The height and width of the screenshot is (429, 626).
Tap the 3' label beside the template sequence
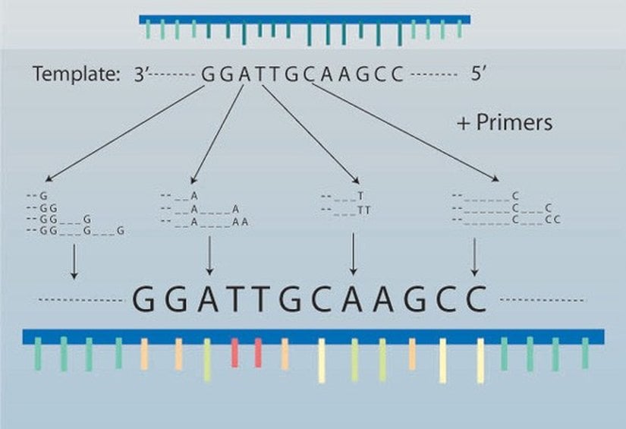coord(143,74)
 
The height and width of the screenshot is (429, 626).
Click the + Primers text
coord(505,122)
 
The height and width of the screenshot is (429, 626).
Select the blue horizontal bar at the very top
coord(304,19)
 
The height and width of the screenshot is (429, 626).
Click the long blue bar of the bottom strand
coord(313,335)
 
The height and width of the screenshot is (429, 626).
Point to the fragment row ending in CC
coord(506,219)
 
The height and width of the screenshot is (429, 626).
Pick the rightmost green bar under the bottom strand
coord(585,354)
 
